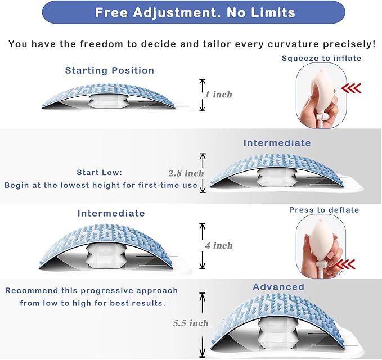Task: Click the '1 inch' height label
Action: [x=218, y=94]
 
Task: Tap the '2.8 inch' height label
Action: [x=186, y=173]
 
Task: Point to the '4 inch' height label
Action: [x=219, y=245]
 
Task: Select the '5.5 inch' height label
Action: [x=191, y=323]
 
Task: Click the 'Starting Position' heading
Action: [x=110, y=70]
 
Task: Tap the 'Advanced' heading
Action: [x=278, y=287]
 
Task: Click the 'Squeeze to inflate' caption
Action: [x=321, y=58]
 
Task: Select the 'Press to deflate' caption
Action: [x=324, y=210]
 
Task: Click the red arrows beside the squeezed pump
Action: [x=351, y=88]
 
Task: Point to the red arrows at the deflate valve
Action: [x=345, y=264]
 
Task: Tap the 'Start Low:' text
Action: [x=100, y=173]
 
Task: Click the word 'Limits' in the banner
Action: [x=273, y=13]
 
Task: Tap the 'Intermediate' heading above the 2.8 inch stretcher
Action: [x=277, y=143]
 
